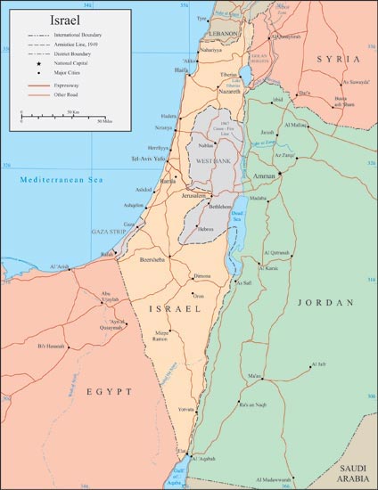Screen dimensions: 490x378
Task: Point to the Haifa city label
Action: click(x=181, y=69)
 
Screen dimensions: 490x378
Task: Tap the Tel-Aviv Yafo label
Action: click(x=150, y=161)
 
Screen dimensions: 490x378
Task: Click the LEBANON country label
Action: click(x=225, y=33)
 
